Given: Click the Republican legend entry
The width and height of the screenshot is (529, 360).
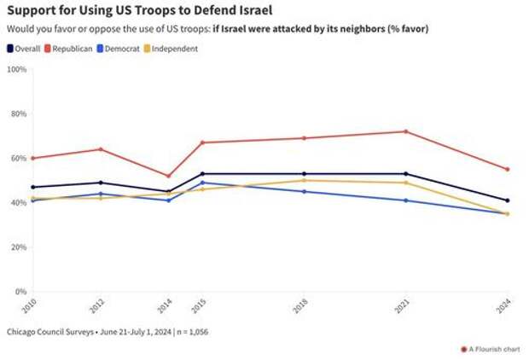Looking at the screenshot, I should click(73, 49).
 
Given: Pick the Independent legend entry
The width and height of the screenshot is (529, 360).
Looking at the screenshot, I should click(175, 49).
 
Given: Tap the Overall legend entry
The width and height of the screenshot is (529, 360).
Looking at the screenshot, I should click(26, 49).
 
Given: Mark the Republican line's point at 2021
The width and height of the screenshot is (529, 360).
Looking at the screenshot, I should click(405, 131).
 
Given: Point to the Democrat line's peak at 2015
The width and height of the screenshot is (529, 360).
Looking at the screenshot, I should click(202, 182).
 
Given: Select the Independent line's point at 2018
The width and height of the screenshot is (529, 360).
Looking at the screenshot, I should click(304, 180).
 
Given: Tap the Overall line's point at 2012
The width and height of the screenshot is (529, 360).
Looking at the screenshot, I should click(101, 183).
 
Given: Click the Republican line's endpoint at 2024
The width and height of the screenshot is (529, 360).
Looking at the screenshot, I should click(507, 169).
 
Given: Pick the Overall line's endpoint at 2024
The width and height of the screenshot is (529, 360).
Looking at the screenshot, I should click(507, 200).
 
